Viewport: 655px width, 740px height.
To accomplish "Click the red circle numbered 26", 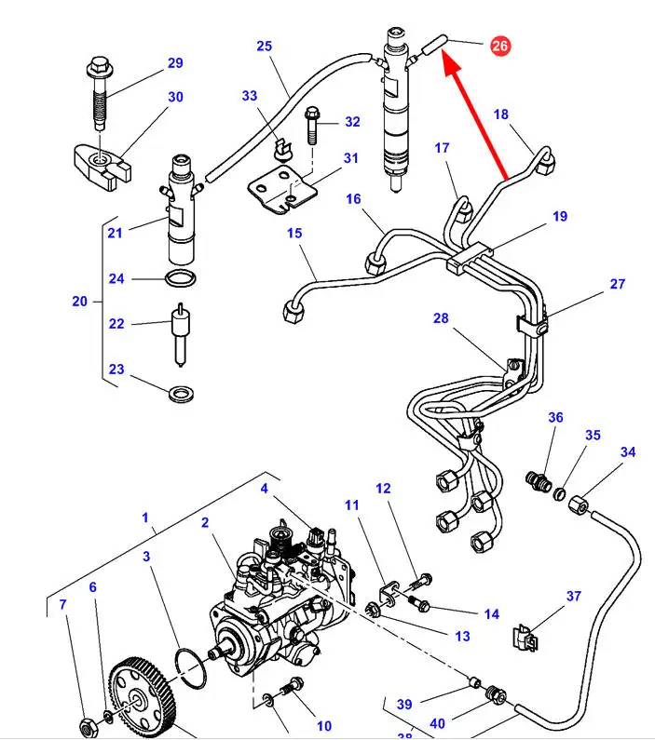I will coord(499,45).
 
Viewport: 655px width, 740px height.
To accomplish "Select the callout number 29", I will coord(175,63).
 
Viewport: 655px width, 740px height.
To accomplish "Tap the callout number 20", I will coord(79,301).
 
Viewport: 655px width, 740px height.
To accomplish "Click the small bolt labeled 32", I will coord(312,125).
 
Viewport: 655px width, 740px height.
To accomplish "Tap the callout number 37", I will coord(574,597).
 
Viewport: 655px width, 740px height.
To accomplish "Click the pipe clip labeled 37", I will coord(527,639).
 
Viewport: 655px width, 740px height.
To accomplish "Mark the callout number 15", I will coord(294,233).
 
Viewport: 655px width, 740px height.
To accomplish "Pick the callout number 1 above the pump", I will coord(145,518).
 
